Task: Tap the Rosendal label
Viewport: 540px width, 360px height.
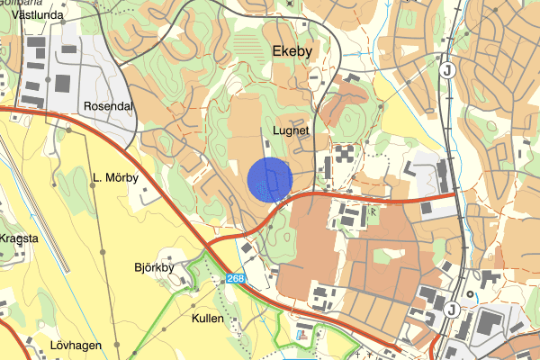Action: [108, 106]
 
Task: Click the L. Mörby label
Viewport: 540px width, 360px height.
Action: [116, 177]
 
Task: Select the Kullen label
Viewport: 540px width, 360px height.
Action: [208, 319]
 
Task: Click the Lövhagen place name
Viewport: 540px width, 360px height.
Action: [76, 346]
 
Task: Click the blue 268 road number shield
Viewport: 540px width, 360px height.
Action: [236, 279]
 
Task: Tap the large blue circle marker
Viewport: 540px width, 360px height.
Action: [270, 179]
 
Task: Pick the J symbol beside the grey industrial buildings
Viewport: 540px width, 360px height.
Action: [449, 310]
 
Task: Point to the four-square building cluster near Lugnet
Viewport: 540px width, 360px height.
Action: [346, 154]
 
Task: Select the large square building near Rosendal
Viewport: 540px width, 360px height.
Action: [64, 84]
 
